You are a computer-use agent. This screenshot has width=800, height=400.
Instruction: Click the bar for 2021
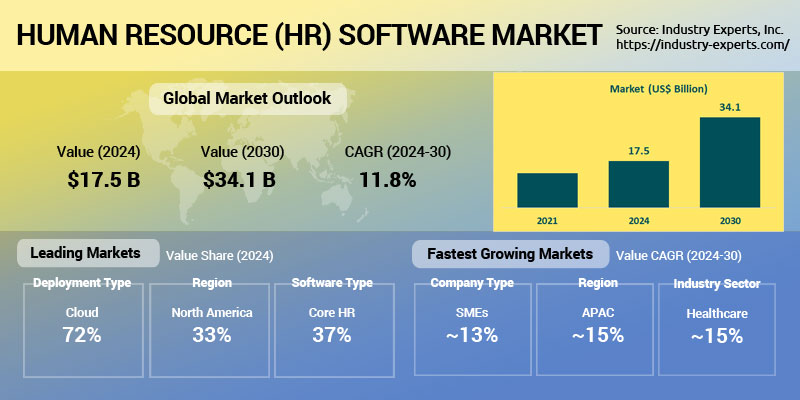point(547,189)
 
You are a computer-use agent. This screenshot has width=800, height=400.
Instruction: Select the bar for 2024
point(638,183)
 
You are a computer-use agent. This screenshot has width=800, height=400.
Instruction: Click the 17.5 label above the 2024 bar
point(638,151)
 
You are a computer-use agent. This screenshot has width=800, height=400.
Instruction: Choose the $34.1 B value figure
point(239,181)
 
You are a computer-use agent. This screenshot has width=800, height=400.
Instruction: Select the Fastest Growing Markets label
point(509,253)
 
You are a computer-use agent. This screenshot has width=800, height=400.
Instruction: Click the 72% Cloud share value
point(82,335)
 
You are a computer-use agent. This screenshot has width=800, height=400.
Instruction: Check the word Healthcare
point(716,313)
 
